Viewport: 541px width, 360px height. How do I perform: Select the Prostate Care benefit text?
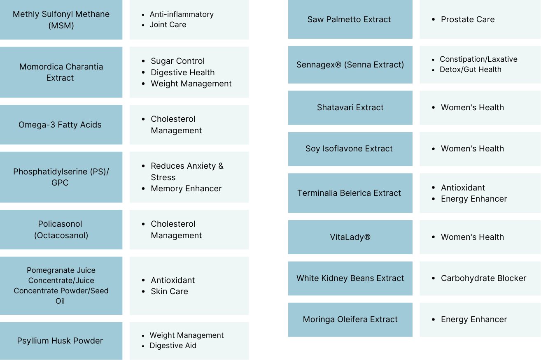468,19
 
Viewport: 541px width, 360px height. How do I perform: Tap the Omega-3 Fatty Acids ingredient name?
60,125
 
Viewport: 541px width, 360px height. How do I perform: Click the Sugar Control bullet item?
177,61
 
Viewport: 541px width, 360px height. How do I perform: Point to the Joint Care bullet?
168,25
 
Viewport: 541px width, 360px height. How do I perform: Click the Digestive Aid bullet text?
173,346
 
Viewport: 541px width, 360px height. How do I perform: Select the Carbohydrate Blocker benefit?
483,278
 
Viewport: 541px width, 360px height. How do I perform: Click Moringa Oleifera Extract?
350,319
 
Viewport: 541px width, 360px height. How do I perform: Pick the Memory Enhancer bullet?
186,188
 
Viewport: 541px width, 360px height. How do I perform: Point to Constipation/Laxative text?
478,59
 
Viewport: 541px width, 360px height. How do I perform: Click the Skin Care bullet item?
169,291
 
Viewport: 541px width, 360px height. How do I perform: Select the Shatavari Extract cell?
350,107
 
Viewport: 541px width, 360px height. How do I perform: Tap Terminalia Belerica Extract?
349,193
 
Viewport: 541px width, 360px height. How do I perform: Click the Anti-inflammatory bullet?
182,14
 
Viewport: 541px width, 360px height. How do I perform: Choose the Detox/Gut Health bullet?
471,70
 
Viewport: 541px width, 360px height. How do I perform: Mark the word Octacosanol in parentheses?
61,235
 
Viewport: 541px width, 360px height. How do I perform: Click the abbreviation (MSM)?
61,26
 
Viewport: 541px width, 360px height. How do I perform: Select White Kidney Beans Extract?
350,278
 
